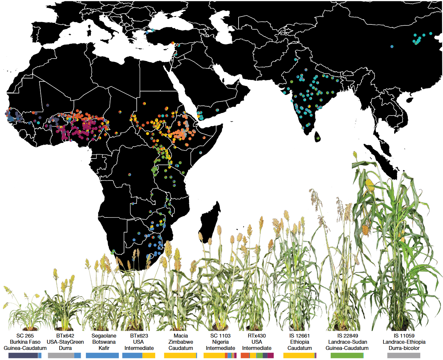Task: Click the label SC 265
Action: point(25,336)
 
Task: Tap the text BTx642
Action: point(65,336)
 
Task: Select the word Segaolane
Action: point(104,336)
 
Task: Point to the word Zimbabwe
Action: point(181,342)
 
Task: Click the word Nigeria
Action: point(220,342)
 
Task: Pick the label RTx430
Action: point(256,336)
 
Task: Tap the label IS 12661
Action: point(299,336)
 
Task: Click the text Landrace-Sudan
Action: point(348,342)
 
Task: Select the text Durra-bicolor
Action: point(404,348)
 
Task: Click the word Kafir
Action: point(104,348)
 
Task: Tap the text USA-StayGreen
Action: point(65,342)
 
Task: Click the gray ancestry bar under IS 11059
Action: point(404,355)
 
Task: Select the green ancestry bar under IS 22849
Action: point(347,355)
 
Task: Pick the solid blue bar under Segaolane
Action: point(102,355)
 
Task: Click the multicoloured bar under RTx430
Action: point(257,355)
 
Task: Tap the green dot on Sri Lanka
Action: point(318,138)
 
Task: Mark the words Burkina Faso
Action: point(25,342)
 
